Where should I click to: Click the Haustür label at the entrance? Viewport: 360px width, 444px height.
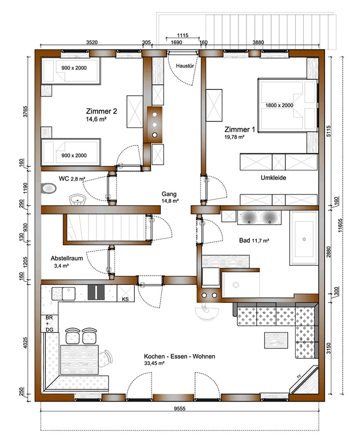click(x=185, y=66)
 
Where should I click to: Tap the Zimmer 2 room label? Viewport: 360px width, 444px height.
click(x=101, y=111)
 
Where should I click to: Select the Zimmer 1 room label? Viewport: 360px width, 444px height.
click(x=240, y=129)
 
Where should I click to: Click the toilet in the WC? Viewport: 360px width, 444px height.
click(x=48, y=188)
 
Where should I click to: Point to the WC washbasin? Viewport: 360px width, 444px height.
click(x=77, y=199)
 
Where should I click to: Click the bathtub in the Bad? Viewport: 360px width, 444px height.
click(x=304, y=239)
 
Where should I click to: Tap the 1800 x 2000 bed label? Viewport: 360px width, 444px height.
click(x=279, y=106)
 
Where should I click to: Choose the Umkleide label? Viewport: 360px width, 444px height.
click(x=273, y=178)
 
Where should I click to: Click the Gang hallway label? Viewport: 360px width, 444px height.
click(x=169, y=194)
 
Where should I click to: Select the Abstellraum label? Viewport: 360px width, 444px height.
click(x=67, y=258)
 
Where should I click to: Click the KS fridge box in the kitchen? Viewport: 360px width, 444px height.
click(x=125, y=294)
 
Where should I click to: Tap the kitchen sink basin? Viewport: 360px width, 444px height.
click(x=69, y=294)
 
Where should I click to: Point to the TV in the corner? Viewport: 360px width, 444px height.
click(x=304, y=380)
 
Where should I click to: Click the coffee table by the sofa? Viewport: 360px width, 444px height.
click(x=277, y=340)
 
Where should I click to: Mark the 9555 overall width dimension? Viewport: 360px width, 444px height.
click(x=180, y=408)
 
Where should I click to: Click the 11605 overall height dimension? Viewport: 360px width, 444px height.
click(x=340, y=225)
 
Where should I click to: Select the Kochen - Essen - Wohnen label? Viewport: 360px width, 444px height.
click(x=179, y=356)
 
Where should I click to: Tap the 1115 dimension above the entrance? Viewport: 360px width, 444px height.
click(x=183, y=36)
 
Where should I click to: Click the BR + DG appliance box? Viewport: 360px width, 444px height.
click(x=49, y=324)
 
